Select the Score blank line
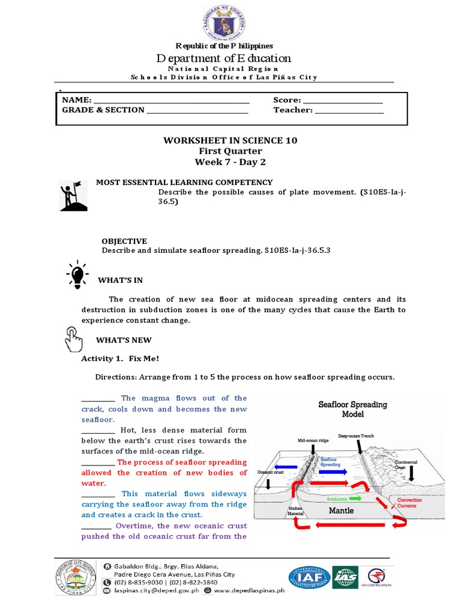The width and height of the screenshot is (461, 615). tap(343, 101)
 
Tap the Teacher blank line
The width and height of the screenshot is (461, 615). tap(349, 111)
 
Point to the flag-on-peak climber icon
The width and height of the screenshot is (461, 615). tap(73, 196)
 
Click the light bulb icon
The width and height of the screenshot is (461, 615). tap(77, 274)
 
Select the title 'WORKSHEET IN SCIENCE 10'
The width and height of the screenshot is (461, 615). tap(230, 140)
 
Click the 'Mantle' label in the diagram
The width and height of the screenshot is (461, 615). tap(341, 510)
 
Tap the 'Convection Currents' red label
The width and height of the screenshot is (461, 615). tap(409, 503)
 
